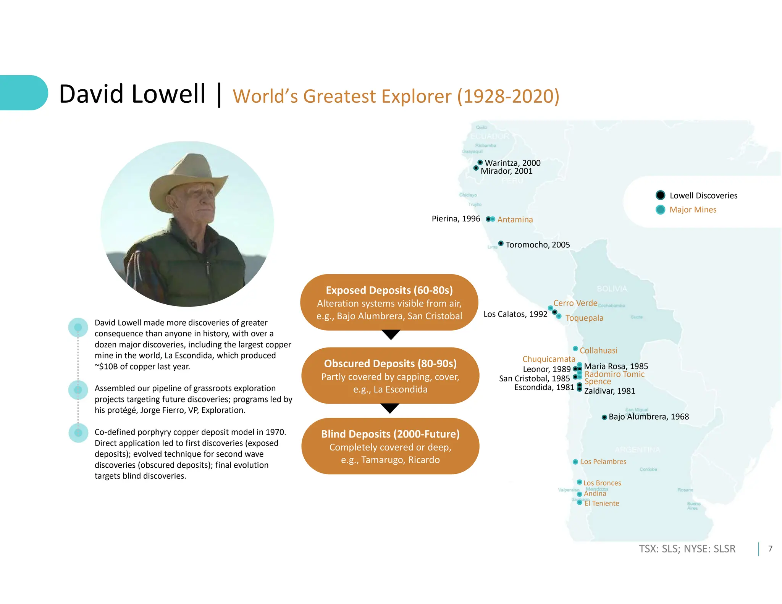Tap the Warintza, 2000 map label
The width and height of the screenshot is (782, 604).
point(512,163)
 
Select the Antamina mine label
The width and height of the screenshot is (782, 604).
point(515,220)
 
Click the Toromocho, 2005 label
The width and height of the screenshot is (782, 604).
point(537,245)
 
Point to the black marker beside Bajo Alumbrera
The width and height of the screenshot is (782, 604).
point(604,417)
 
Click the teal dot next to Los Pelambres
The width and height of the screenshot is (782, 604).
point(575,462)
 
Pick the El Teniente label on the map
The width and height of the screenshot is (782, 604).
point(601,504)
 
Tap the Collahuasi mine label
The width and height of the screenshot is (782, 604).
point(598,350)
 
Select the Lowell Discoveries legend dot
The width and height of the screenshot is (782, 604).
point(660,195)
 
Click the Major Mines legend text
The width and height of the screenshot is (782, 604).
point(693,210)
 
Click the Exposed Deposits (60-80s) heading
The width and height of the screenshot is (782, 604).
point(389,290)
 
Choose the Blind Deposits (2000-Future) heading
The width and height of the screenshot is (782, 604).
point(390,434)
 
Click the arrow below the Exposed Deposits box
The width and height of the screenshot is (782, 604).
point(391,335)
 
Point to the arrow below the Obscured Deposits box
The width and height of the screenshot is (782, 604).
point(390,409)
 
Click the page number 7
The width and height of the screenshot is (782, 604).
point(770,549)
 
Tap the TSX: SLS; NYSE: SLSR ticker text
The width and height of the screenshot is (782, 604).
point(687,549)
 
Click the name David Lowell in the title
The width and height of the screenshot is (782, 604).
point(132,94)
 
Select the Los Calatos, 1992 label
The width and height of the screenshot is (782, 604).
point(515,314)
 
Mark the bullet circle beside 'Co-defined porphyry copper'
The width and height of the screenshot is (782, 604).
point(78,433)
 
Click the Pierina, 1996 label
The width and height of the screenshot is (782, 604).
point(456,219)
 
